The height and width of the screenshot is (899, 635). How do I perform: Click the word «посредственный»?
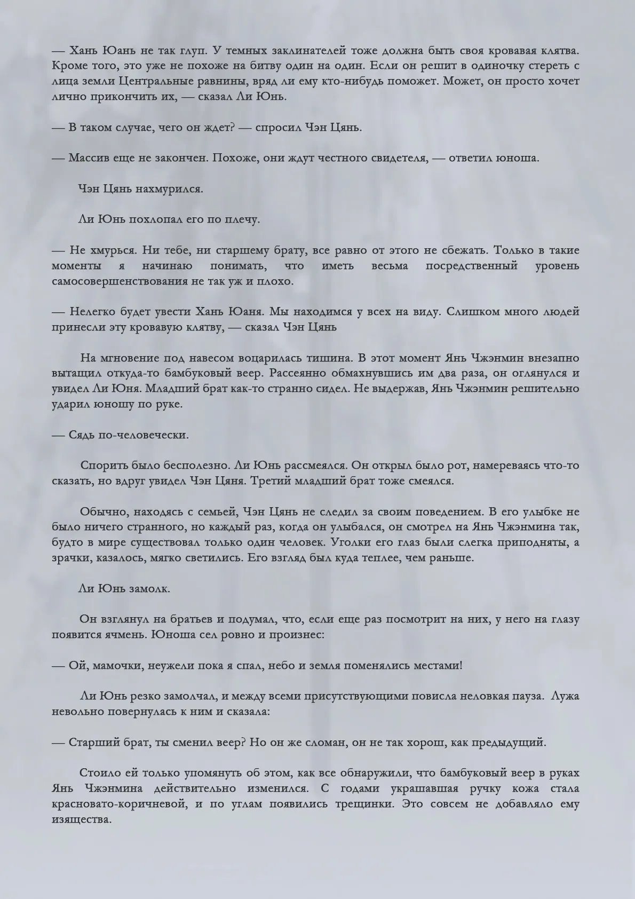coord(472,266)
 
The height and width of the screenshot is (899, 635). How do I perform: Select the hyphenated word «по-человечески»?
coord(129,435)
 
